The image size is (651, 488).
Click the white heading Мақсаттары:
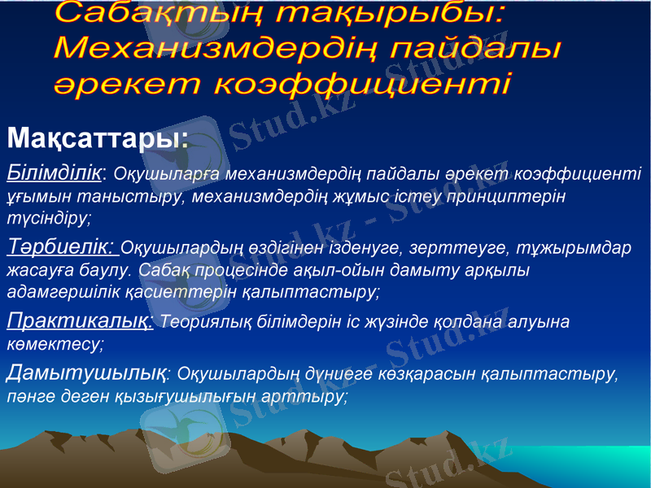[98, 137]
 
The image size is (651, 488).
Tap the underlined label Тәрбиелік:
[62, 246]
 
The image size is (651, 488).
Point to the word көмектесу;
[55, 344]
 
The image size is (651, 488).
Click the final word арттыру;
[312, 397]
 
